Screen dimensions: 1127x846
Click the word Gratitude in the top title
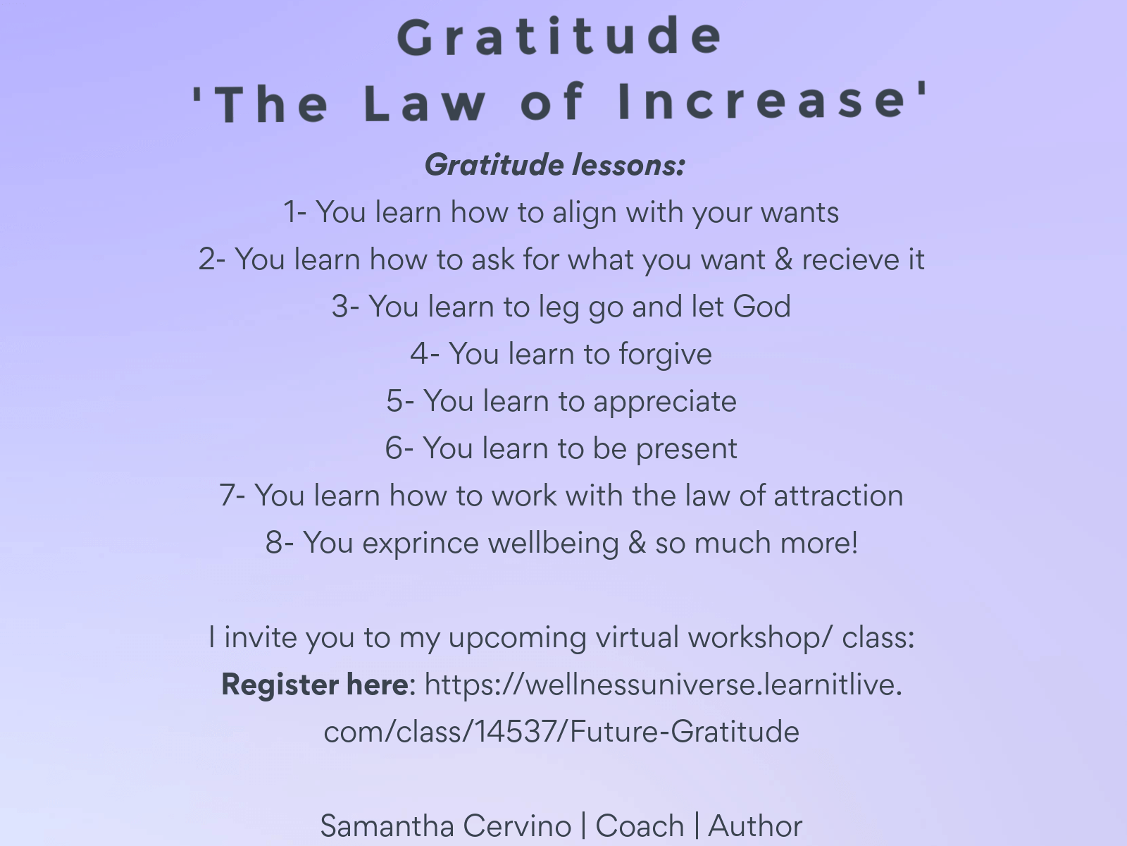560,37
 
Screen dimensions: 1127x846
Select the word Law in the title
425,103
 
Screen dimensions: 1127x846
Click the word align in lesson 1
585,214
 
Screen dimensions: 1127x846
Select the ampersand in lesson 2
783,259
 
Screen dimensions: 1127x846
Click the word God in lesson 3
761,307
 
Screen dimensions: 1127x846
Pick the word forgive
665,355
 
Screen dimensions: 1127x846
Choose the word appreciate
665,402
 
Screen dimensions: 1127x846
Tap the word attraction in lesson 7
838,496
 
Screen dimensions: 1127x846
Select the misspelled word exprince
421,544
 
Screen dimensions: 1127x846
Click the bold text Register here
316,684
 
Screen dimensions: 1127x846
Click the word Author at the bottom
755,826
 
